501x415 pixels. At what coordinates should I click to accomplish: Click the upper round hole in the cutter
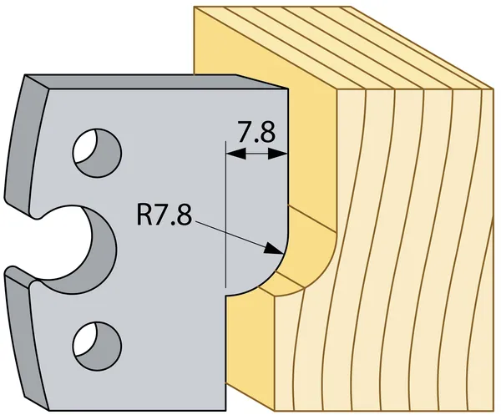[x=95, y=149]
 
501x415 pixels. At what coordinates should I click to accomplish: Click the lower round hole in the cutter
[x=95, y=341]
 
